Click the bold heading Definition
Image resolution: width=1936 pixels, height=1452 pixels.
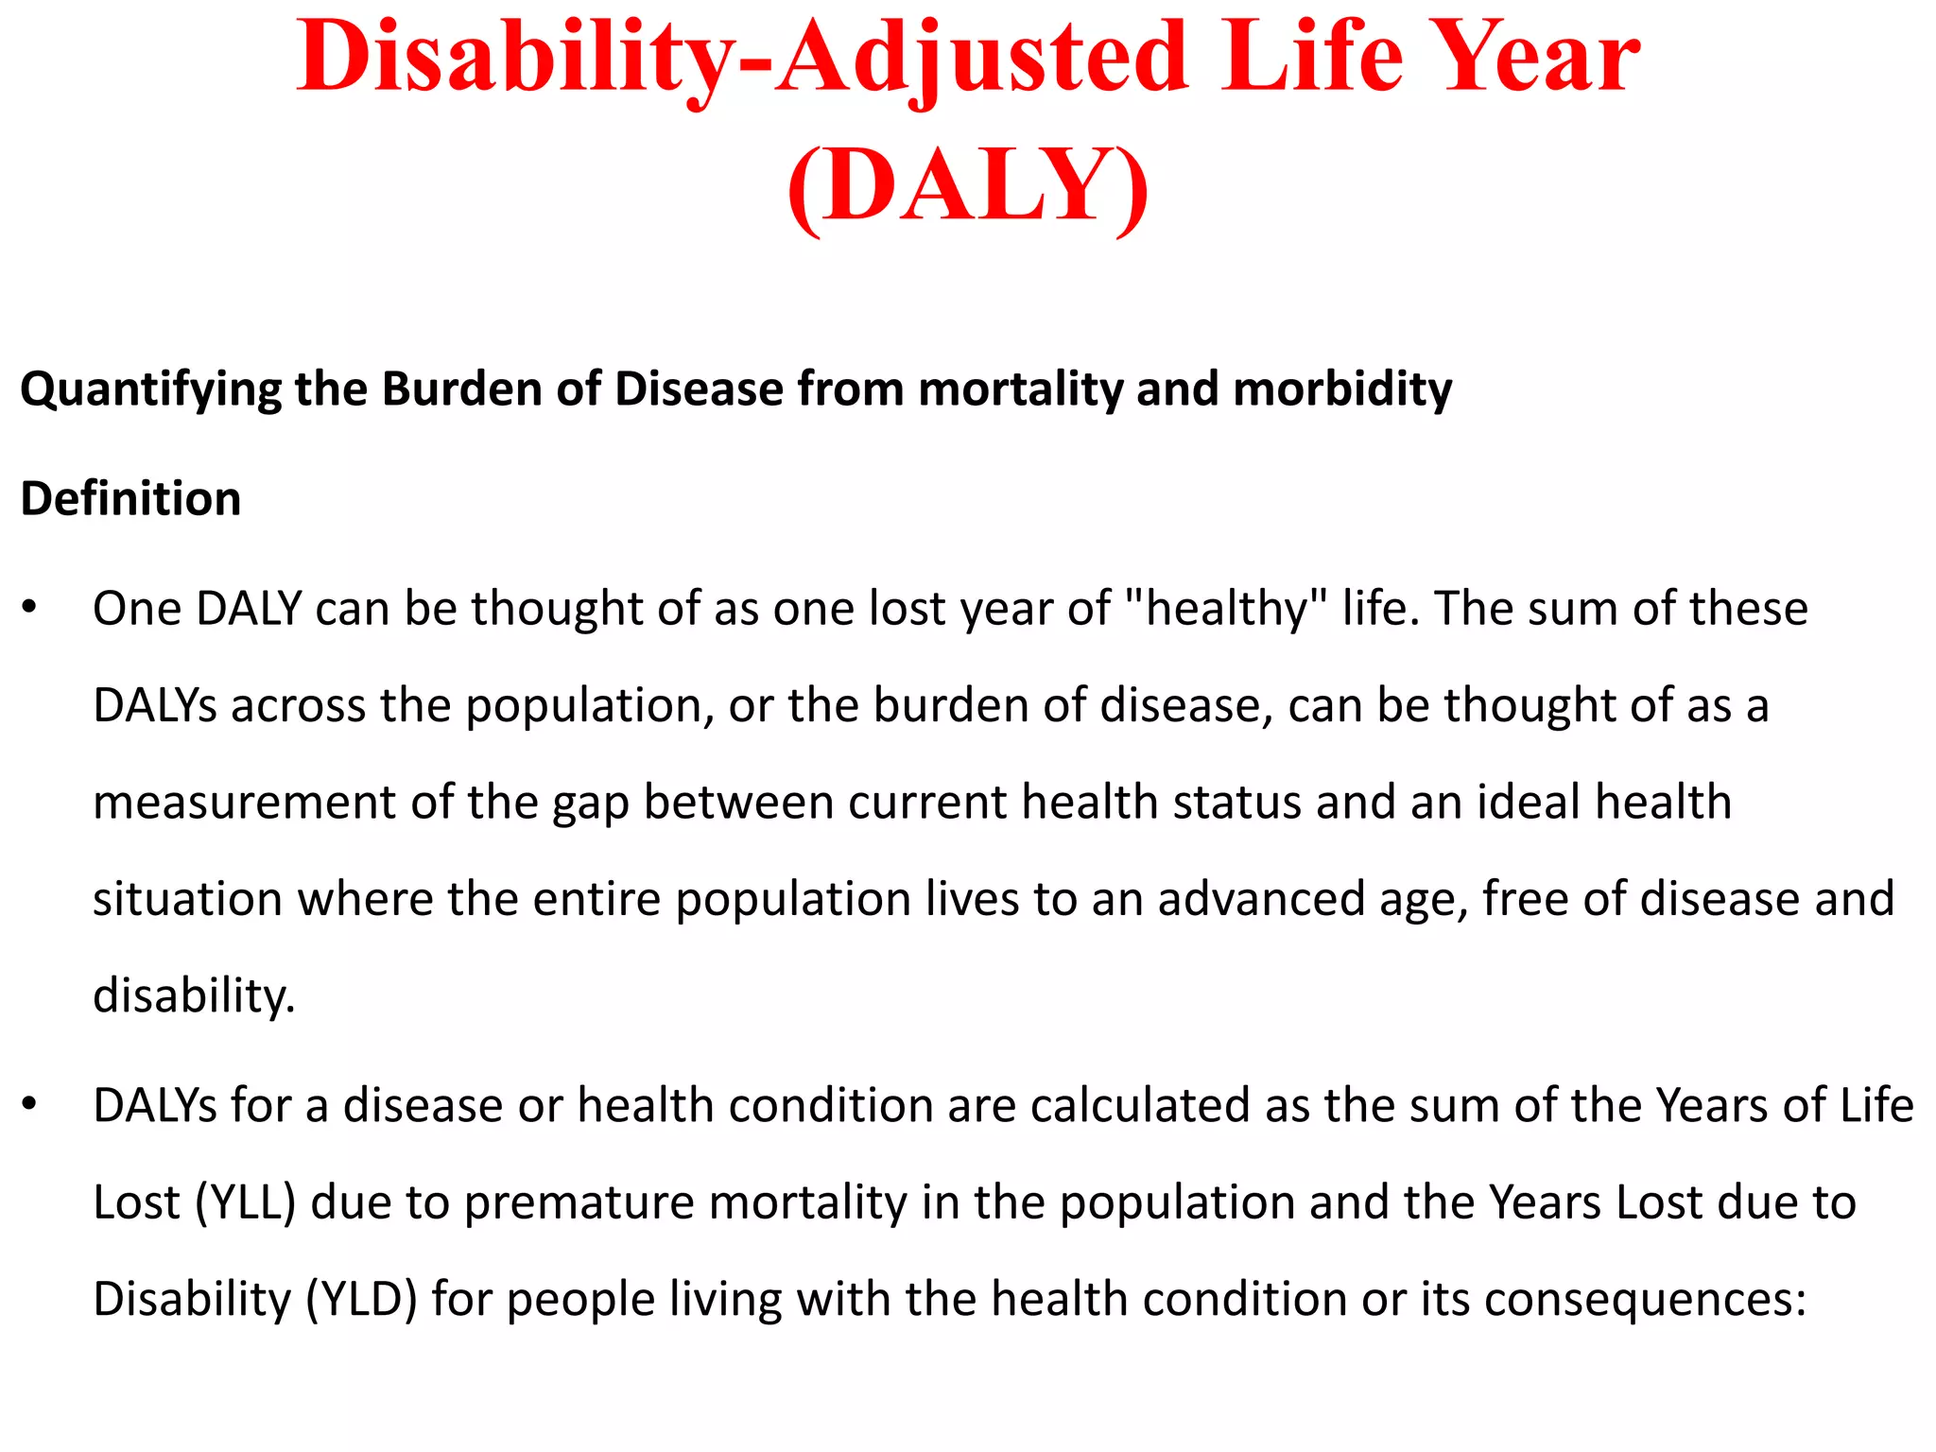tap(130, 499)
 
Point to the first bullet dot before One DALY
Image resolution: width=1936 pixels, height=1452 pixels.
tap(30, 608)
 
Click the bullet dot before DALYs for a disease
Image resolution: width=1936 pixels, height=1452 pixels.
tap(30, 1104)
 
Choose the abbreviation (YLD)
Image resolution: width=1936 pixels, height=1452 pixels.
tap(361, 1300)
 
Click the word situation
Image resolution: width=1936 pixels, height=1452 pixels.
tap(187, 898)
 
